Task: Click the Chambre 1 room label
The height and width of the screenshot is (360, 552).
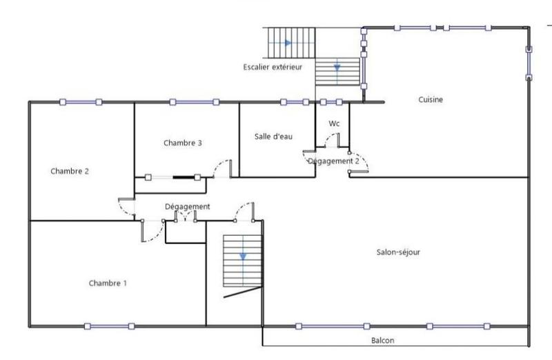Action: pyautogui.click(x=108, y=283)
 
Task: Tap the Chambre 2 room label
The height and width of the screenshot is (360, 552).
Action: pyautogui.click(x=70, y=171)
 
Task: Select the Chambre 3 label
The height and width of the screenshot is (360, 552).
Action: pyautogui.click(x=183, y=143)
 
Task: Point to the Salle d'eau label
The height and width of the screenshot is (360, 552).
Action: pyautogui.click(x=274, y=137)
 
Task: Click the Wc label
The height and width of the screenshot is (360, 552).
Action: pyautogui.click(x=334, y=123)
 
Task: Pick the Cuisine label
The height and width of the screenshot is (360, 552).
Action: pyautogui.click(x=431, y=99)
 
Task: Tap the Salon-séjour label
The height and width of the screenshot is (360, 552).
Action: pyautogui.click(x=398, y=252)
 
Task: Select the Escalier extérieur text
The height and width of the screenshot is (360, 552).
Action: pyautogui.click(x=273, y=67)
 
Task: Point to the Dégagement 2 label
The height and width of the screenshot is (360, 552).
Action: pyautogui.click(x=333, y=160)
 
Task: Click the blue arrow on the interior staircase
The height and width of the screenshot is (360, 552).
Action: pyautogui.click(x=243, y=257)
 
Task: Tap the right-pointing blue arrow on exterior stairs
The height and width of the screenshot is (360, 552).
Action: pyautogui.click(x=288, y=43)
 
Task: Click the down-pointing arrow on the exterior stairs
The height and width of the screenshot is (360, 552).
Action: pyautogui.click(x=337, y=68)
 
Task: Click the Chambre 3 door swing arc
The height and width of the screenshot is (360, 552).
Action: pyautogui.click(x=222, y=167)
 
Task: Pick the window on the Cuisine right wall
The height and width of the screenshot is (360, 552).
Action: pyautogui.click(x=529, y=61)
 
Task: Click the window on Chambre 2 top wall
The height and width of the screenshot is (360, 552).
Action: pyautogui.click(x=80, y=102)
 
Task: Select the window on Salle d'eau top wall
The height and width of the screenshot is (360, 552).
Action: pyautogui.click(x=295, y=102)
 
